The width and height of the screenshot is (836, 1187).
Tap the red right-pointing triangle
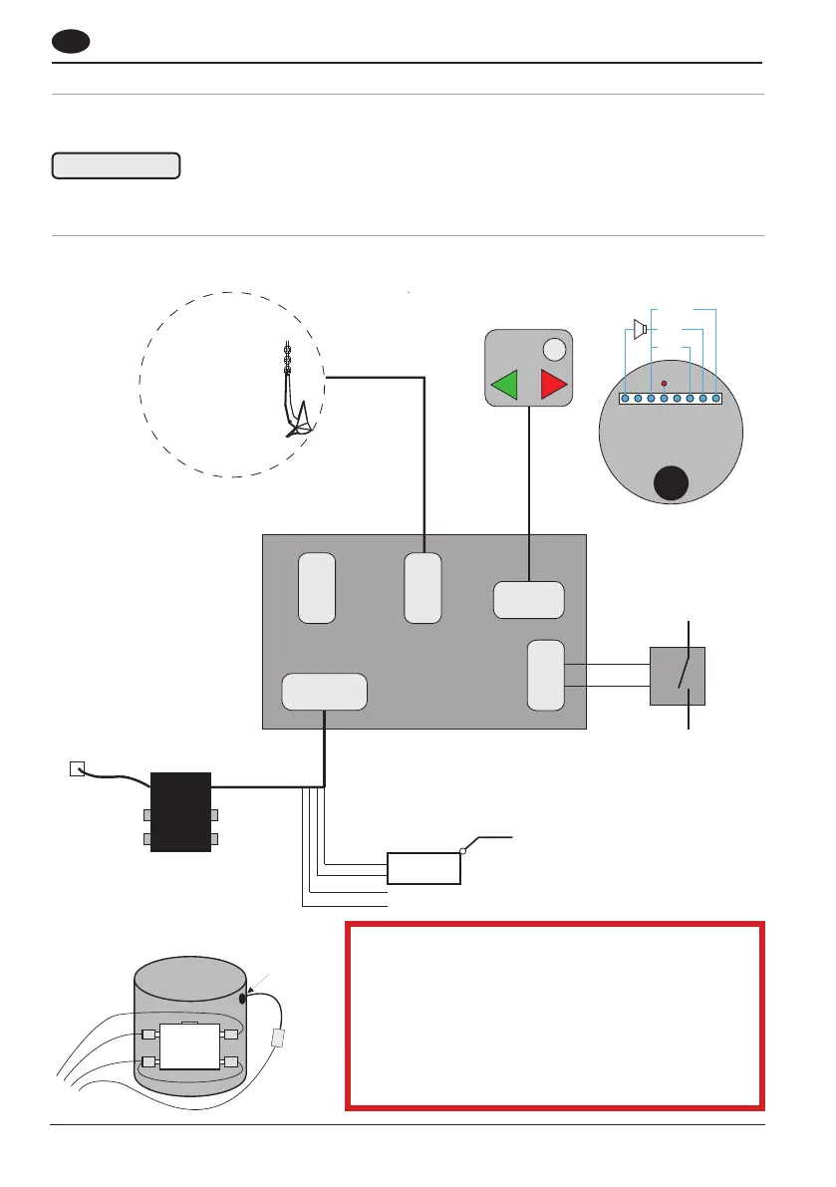(552, 384)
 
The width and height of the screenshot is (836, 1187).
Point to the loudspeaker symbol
(641, 329)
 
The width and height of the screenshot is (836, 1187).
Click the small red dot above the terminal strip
(664, 384)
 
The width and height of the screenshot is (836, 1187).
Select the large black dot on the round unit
(670, 485)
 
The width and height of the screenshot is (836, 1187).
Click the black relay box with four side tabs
(180, 811)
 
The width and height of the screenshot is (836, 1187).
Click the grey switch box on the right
(678, 676)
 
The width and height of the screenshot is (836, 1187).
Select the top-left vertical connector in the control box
(317, 588)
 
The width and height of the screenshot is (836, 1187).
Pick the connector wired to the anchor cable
(422, 588)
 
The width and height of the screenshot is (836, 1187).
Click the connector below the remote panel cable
(529, 599)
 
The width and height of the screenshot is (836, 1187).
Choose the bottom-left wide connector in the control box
(324, 693)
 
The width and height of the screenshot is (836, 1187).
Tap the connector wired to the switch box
(545, 676)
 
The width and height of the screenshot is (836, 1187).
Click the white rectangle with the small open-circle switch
(423, 868)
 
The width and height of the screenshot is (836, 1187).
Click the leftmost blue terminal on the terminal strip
(625, 399)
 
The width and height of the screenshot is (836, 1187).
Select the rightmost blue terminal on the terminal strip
(715, 399)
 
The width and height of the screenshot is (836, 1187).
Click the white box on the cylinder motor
(189, 1047)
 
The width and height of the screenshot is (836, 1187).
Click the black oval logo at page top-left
(72, 43)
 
